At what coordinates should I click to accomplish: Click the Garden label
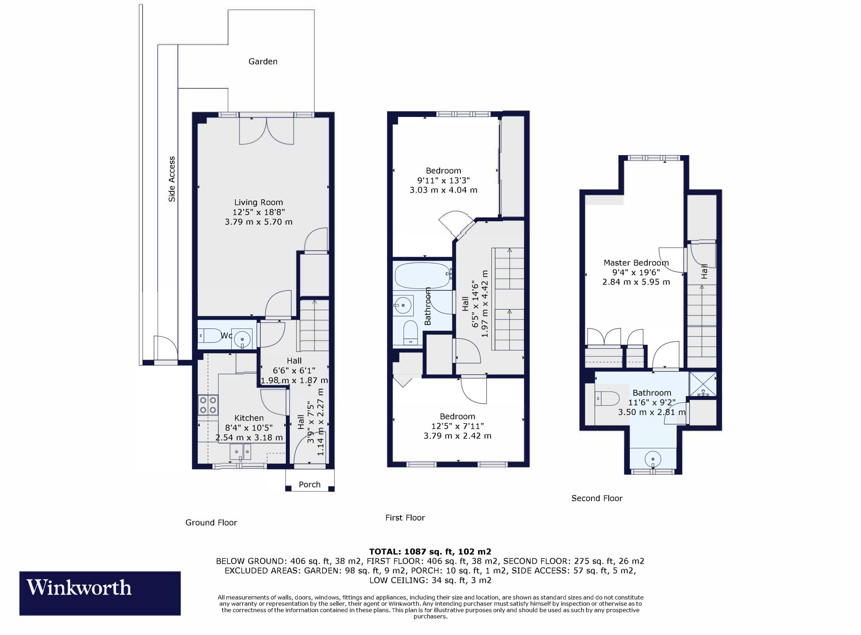point(263,62)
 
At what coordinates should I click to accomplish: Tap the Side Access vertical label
point(172,179)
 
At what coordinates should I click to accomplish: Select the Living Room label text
point(259,202)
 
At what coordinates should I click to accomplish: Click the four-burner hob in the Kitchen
point(208,405)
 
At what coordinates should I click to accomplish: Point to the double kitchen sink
point(240,452)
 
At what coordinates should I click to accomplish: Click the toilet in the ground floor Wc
point(209,336)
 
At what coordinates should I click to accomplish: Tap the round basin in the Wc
point(242,339)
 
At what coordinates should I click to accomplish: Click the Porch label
point(309,484)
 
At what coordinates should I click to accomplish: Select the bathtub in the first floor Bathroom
point(423,275)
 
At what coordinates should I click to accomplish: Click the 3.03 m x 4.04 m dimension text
point(444,190)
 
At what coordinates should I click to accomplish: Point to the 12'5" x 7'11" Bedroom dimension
point(457,426)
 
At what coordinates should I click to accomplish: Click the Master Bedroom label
point(636,263)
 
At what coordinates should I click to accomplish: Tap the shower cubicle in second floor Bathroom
point(703,384)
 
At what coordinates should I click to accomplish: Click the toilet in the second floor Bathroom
point(607,398)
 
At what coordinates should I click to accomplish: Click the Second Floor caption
point(597,498)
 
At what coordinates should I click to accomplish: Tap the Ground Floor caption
point(211,523)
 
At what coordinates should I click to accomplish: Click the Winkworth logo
point(100,593)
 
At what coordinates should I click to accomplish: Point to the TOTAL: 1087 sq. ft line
point(430,551)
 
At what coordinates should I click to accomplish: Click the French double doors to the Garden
point(266,131)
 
